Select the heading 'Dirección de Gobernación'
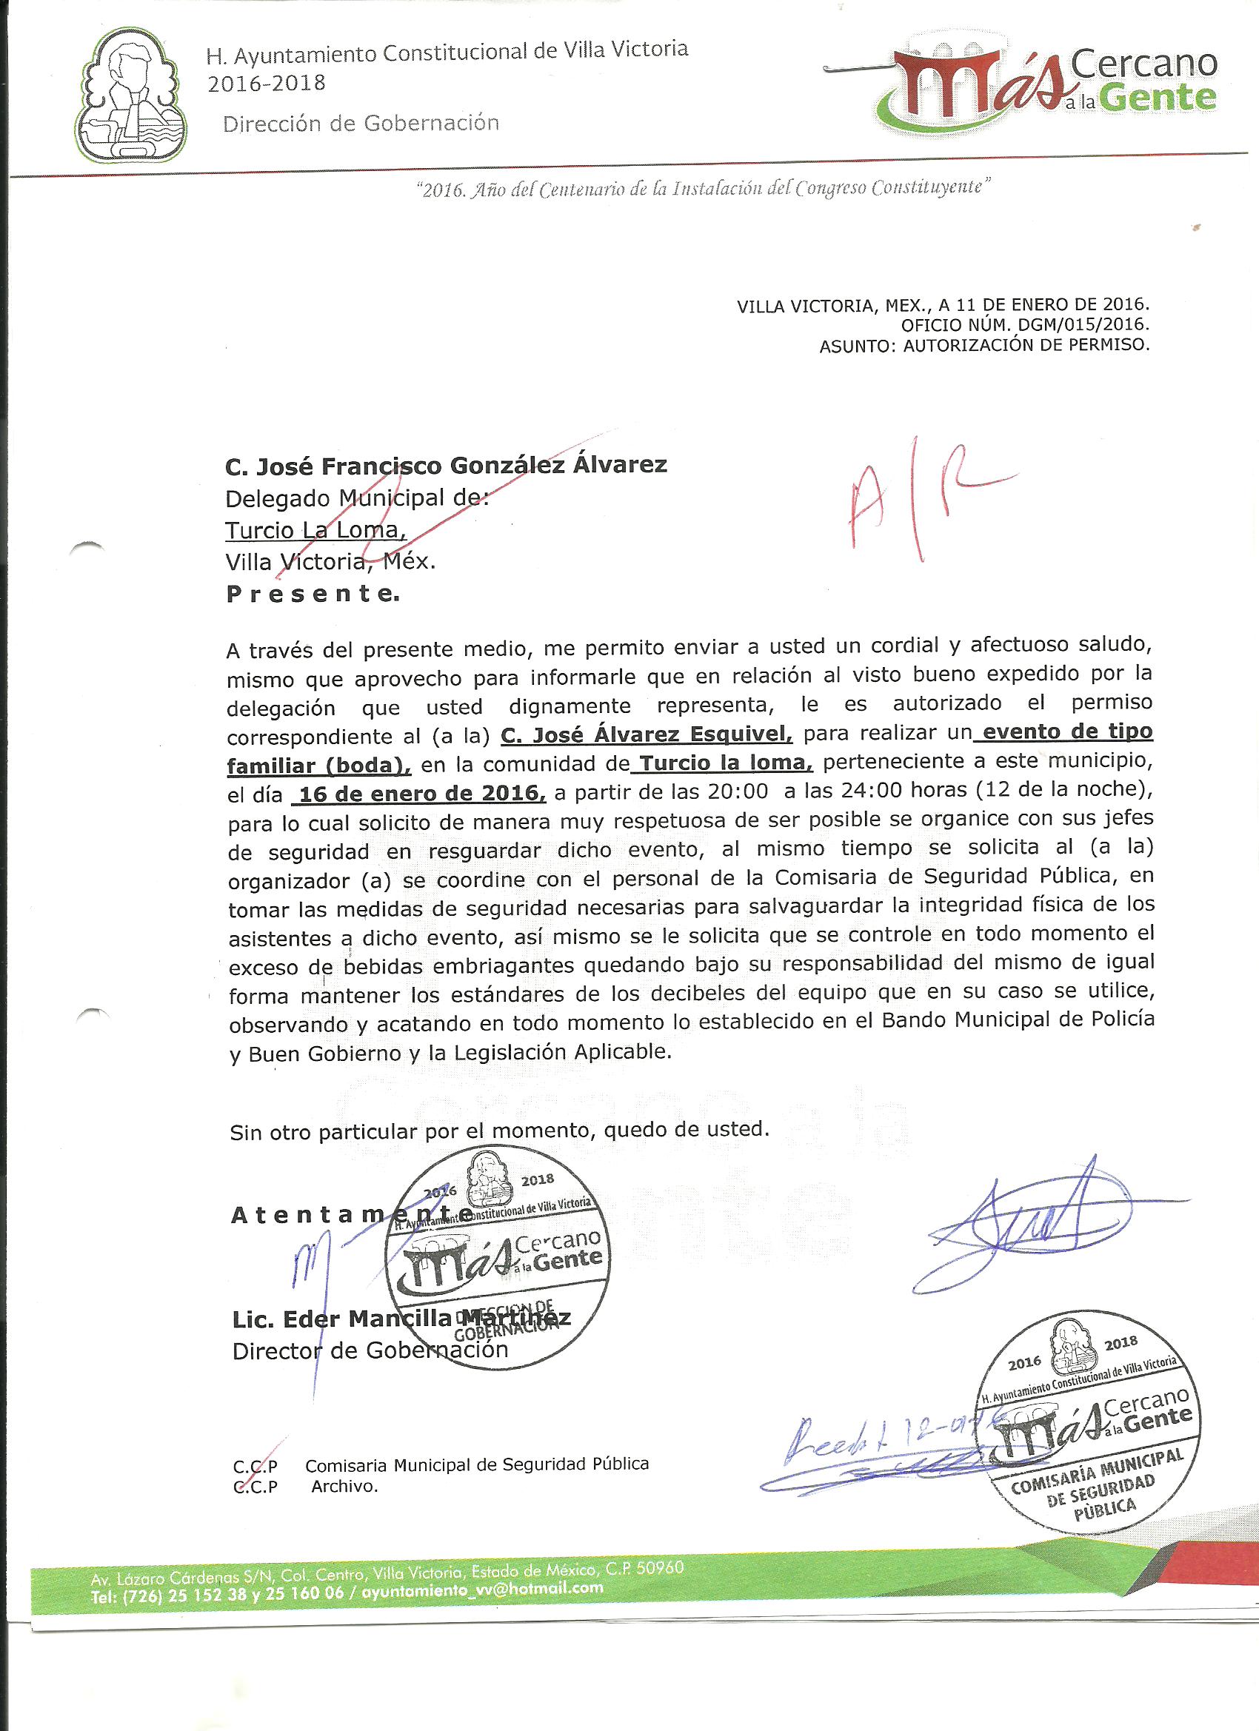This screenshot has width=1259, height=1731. click(x=361, y=123)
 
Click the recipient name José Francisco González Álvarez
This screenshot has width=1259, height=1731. click(x=446, y=465)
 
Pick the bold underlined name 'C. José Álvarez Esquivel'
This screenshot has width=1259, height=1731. click(x=647, y=734)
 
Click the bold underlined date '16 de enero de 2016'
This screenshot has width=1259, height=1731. click(x=419, y=794)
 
